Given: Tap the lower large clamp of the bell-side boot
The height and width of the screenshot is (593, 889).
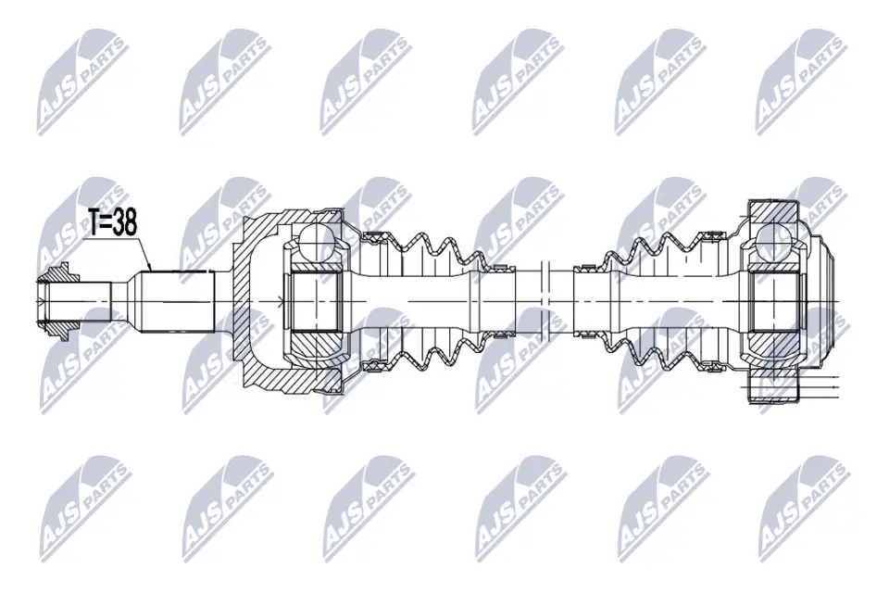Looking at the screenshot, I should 375,363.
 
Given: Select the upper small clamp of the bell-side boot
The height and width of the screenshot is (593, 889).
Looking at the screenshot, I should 500,266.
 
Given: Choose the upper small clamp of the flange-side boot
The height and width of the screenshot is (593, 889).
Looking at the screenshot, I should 586,269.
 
